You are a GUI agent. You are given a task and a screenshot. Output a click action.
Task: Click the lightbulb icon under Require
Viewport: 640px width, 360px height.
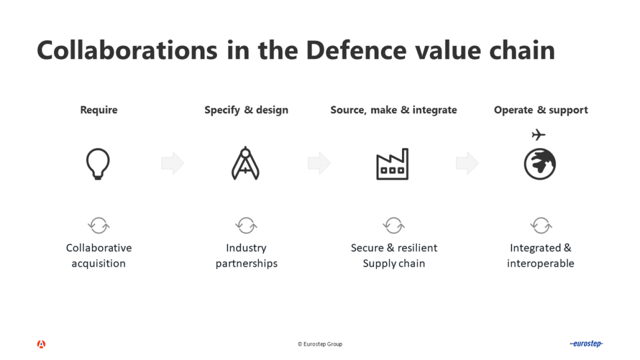tap(98, 164)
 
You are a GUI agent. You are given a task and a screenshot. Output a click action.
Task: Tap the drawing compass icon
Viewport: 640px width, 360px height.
tap(245, 164)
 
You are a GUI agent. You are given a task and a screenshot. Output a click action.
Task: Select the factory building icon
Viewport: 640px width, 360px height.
tap(393, 164)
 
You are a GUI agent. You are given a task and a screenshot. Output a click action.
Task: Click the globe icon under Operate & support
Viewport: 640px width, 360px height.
tap(540, 165)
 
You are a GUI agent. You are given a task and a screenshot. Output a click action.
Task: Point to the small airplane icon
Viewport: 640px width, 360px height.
tap(539, 134)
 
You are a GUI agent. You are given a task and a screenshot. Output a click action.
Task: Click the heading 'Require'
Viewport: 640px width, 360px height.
tap(99, 110)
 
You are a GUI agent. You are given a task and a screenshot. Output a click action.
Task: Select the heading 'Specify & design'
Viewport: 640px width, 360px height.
tap(246, 110)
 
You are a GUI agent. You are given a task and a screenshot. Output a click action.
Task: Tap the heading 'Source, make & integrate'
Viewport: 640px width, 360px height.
tap(393, 110)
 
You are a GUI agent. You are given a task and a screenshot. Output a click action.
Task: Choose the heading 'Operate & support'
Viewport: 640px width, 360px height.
tap(541, 110)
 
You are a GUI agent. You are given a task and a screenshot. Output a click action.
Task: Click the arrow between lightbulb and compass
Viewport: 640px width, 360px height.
tap(173, 164)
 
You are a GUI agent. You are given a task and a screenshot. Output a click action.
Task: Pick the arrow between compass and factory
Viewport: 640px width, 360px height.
tap(319, 164)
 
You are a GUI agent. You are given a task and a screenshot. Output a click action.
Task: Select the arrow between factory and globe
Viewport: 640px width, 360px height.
tap(467, 164)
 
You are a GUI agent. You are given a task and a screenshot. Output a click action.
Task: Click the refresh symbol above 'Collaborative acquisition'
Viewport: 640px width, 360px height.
tap(99, 224)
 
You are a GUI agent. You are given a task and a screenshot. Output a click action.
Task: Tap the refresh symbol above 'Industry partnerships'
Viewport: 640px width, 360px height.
tap(246, 224)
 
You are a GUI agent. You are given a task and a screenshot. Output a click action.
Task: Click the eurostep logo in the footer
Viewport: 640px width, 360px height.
tap(586, 344)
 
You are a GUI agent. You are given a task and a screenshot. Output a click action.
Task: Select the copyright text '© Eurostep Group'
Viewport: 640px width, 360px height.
tap(320, 344)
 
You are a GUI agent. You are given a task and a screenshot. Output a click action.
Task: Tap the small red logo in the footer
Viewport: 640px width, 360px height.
tap(41, 344)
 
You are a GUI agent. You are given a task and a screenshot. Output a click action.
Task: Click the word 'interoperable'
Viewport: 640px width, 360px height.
tap(541, 264)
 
